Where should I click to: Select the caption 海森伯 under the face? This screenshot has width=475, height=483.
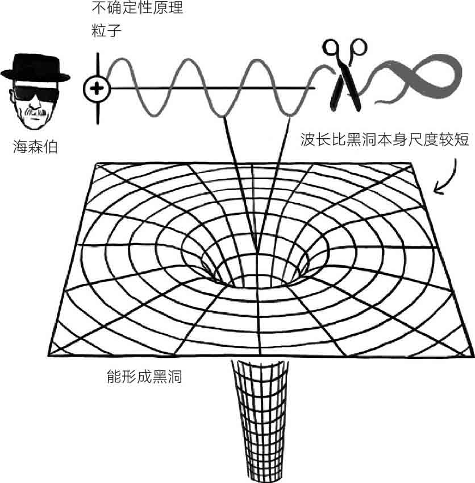tap(35, 148)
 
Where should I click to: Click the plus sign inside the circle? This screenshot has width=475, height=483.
tap(97, 88)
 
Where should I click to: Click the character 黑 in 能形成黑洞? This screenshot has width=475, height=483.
tap(159, 375)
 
